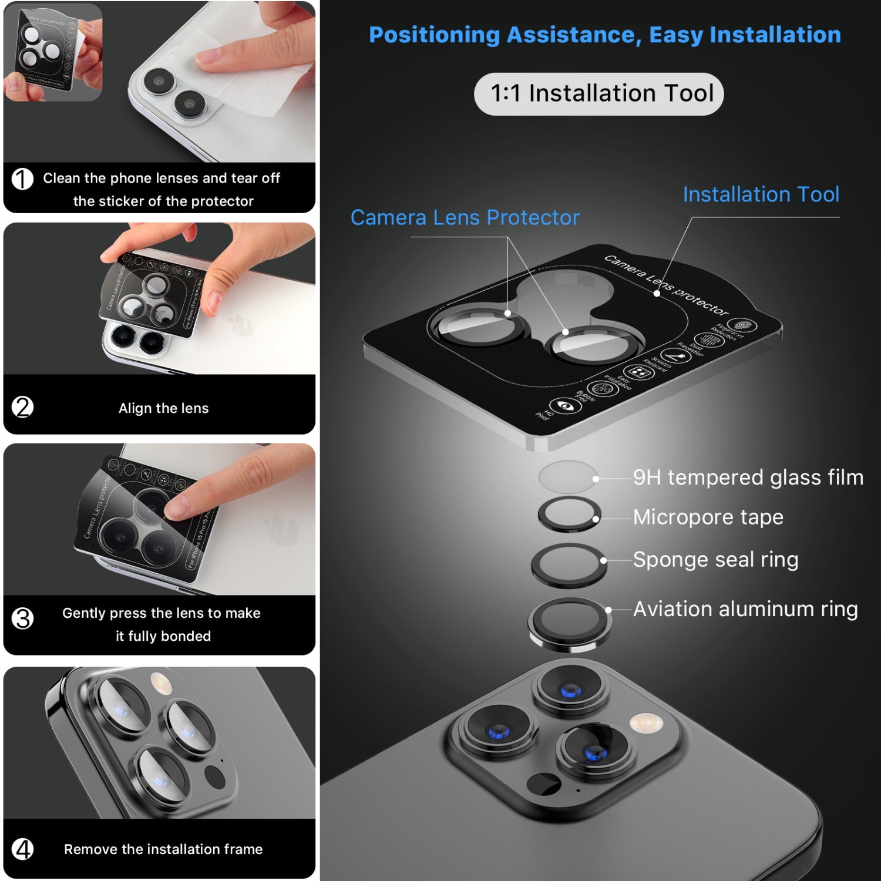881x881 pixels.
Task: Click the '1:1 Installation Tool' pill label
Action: [x=598, y=94]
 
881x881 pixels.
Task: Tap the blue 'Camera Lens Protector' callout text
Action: [x=465, y=218]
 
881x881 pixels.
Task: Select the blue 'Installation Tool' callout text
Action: [x=761, y=194]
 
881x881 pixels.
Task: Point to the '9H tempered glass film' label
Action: [x=748, y=478]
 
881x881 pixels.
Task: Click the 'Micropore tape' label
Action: [x=708, y=517]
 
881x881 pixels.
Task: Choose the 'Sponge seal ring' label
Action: [x=715, y=560]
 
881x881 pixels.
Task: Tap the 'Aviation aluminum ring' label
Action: [x=745, y=609]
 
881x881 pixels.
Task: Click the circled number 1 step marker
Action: [x=23, y=179]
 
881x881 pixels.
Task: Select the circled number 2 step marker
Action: [x=23, y=407]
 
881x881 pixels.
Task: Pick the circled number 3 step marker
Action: [x=23, y=618]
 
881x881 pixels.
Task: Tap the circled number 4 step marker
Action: [x=23, y=849]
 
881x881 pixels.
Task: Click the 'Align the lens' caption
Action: [x=163, y=408]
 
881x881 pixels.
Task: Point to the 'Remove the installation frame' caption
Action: [x=163, y=849]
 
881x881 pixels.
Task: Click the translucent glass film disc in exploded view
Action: [x=567, y=477]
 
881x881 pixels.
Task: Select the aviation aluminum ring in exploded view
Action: [x=569, y=624]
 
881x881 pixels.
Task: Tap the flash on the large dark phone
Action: [x=645, y=722]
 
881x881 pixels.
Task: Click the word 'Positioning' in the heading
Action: [x=434, y=35]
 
